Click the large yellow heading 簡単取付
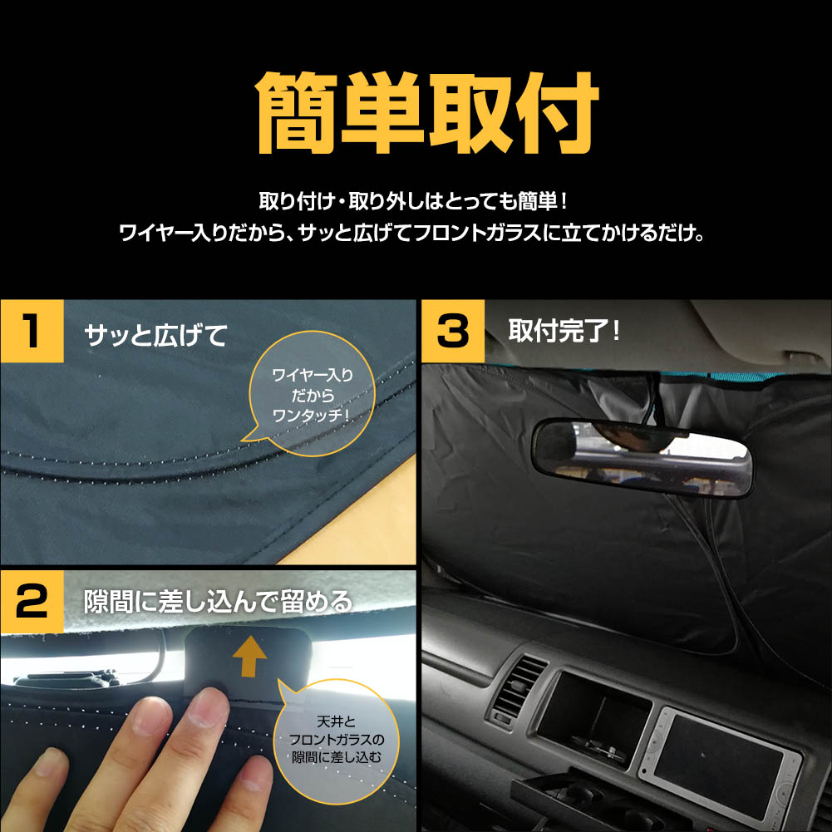pos(428,112)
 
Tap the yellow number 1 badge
pos(32,331)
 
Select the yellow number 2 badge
pos(32,602)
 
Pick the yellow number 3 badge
pos(453,331)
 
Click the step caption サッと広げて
pos(156,335)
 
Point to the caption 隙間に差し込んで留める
pos(218,602)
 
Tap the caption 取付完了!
pos(564,331)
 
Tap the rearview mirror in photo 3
pos(642,457)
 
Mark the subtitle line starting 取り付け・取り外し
pos(413,202)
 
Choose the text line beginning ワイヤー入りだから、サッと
pos(411,233)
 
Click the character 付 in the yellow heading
pos(557,112)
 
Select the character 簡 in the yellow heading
pos(298,112)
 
